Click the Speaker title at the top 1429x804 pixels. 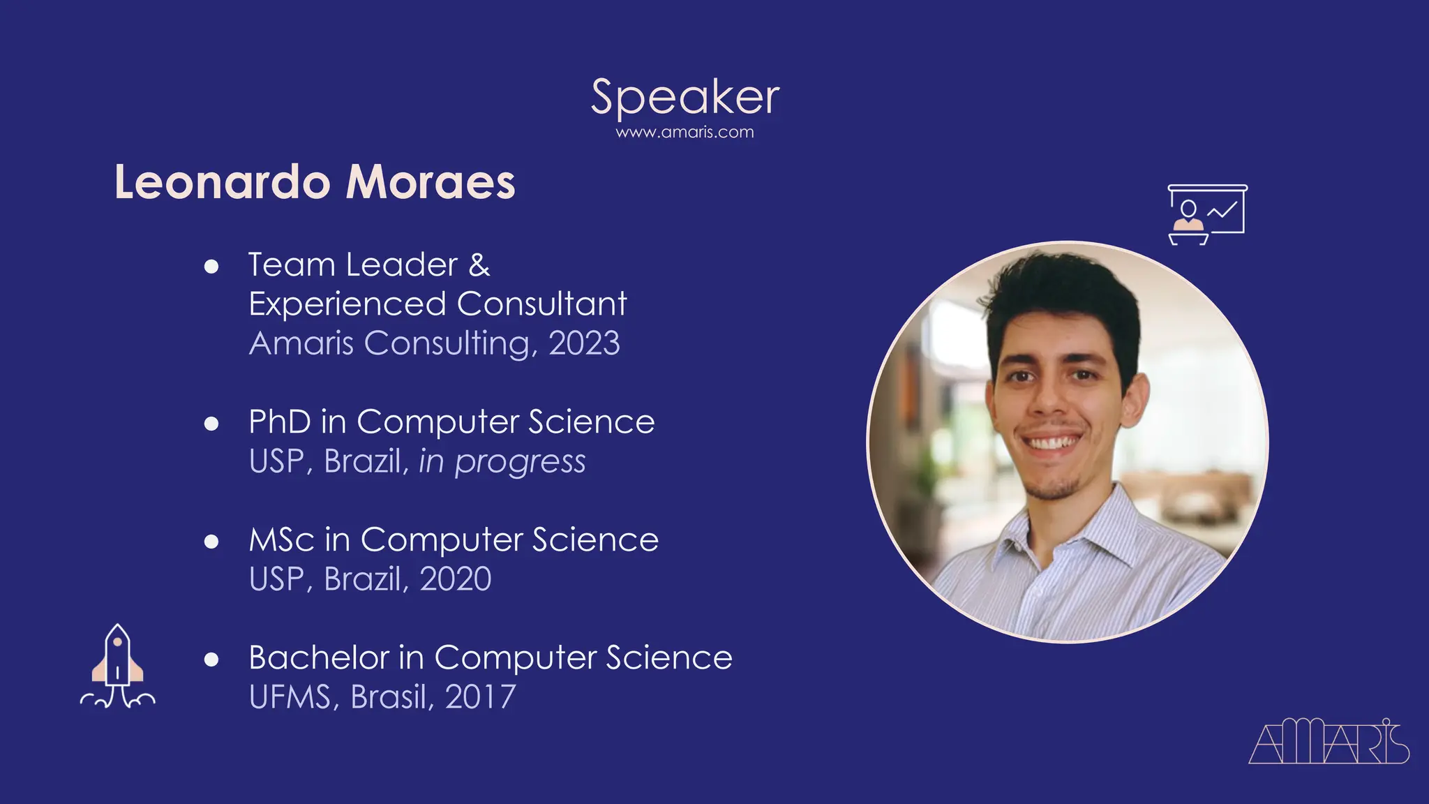pos(684,97)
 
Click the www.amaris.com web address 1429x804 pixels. pos(684,133)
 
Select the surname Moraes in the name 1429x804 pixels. pos(431,182)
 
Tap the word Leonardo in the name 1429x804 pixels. pos(222,182)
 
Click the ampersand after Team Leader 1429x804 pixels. pos(479,265)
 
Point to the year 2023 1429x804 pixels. pos(584,343)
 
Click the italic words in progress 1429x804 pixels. pos(502,462)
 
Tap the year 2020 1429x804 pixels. pos(456,579)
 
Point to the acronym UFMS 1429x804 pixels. pos(290,697)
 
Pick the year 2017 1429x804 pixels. pos(480,697)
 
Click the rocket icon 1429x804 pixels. pos(118,667)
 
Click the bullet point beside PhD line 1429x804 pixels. pos(211,424)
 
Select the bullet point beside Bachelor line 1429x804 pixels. pos(211,660)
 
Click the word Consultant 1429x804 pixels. pos(541,304)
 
